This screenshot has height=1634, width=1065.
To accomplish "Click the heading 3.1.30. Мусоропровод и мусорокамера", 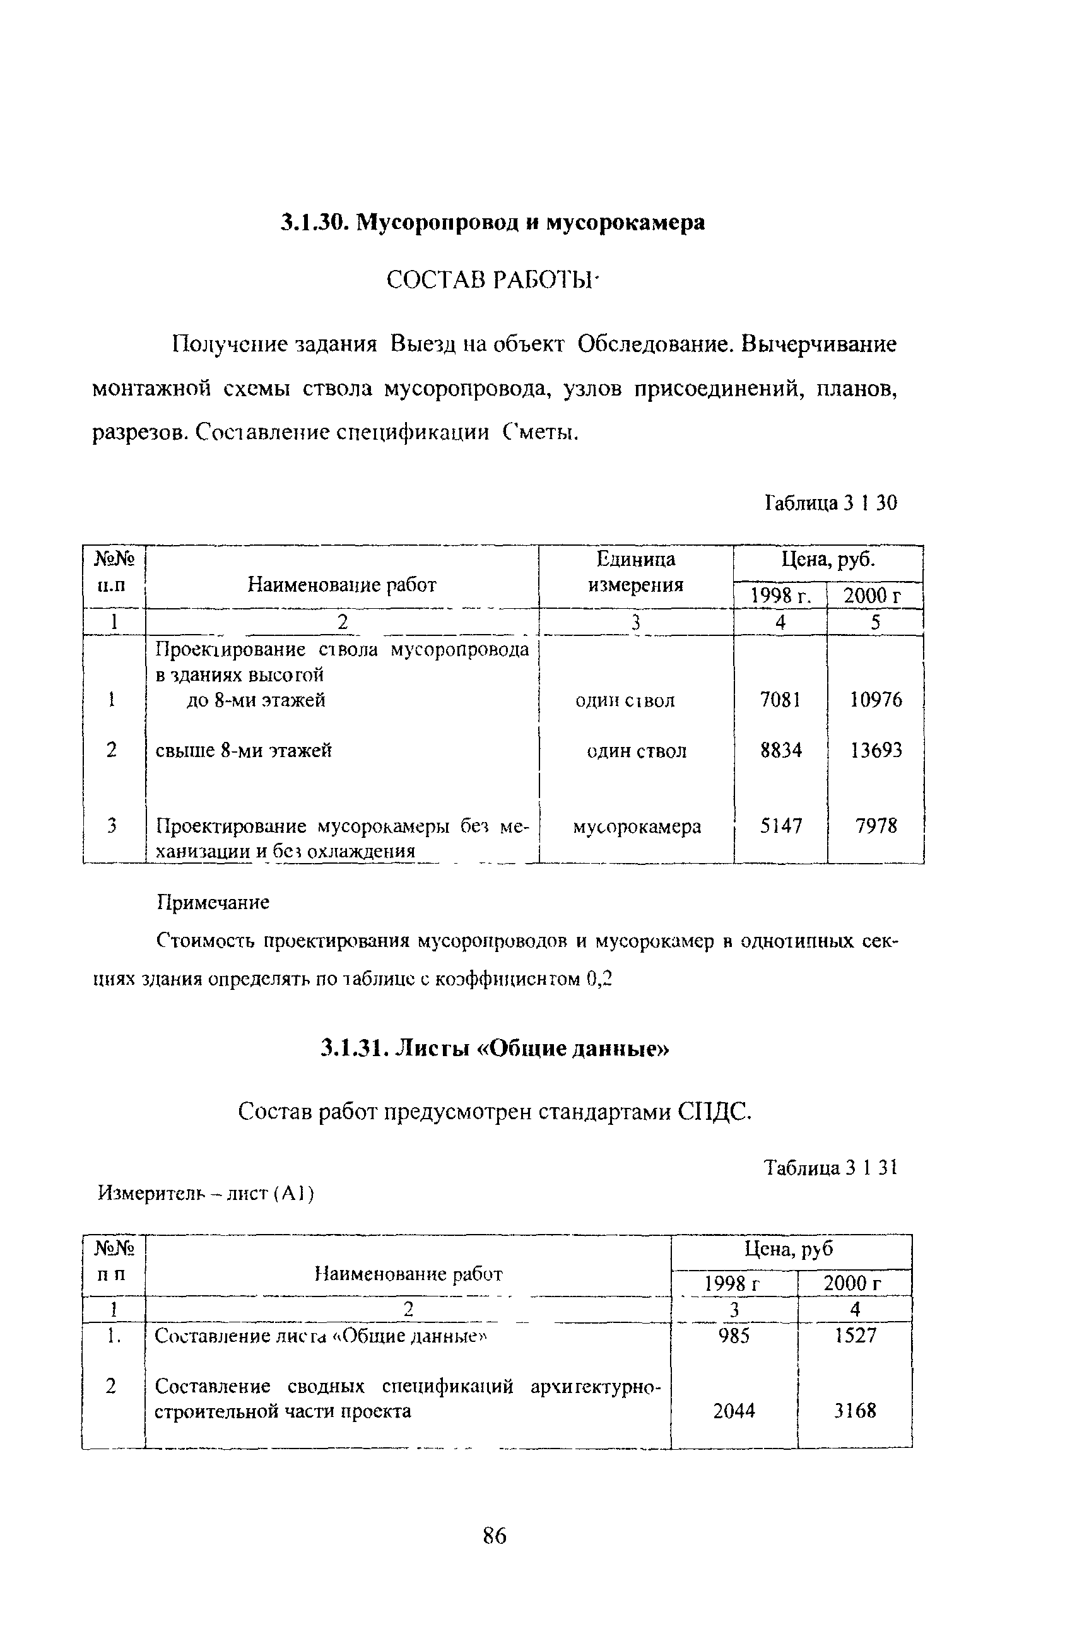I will pos(492,223).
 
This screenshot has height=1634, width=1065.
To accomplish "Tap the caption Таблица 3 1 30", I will pos(830,503).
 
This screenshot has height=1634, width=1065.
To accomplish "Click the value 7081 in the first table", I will pos(780,700).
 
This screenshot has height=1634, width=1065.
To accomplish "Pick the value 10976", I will pos(876,700).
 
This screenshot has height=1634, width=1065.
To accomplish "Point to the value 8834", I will pos(780,749).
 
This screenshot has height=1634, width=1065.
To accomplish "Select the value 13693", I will pos(876,749).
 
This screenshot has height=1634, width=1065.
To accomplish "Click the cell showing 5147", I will pos(780,825).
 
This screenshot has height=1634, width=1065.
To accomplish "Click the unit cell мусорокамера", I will pos(637,826).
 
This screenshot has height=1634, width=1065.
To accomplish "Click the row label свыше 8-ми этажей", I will pos(244,750).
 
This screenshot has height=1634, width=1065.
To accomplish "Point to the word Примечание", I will pos(213,902).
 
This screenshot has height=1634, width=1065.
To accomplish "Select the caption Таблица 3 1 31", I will pos(831,1168).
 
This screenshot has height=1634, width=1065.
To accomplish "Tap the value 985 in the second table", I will pos(733,1336).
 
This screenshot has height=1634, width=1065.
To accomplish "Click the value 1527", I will pos(855,1336).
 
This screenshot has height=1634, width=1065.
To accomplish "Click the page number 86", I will pos(495,1535).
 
